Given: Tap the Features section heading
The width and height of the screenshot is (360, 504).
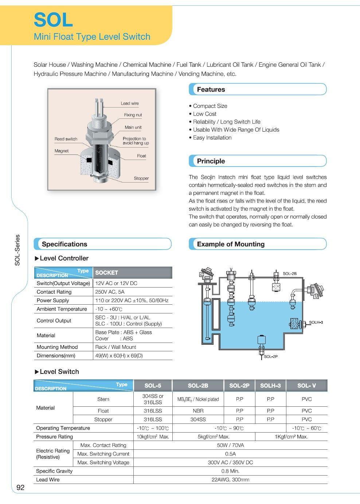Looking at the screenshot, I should click(x=211, y=90).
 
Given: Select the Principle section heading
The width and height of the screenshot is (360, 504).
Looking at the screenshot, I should click(x=211, y=161).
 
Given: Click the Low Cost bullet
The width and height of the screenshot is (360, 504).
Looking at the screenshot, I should click(x=204, y=114).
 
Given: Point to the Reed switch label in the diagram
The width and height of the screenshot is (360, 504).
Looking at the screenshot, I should click(x=66, y=139).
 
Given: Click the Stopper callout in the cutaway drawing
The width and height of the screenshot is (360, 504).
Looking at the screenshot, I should click(x=141, y=178).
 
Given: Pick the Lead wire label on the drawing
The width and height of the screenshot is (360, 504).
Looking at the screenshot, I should click(x=130, y=103).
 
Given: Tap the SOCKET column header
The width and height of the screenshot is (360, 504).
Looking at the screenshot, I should click(x=107, y=273).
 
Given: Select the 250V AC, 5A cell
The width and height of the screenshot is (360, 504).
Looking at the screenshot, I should click(x=110, y=292).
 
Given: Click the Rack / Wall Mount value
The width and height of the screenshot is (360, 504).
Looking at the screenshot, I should click(x=116, y=347).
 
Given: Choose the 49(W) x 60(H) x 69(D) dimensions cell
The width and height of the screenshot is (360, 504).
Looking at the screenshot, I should click(x=119, y=356).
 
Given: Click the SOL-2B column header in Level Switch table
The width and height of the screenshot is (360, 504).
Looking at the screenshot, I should click(x=198, y=386).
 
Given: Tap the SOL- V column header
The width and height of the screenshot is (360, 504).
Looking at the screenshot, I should click(x=306, y=386).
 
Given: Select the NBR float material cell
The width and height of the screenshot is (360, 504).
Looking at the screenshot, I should click(x=198, y=411).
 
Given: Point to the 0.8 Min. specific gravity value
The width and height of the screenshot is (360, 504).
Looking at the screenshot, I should click(x=230, y=471).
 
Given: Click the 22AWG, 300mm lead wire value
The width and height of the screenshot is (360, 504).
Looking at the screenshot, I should click(x=230, y=480).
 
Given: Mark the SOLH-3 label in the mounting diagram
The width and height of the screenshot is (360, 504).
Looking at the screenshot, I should click(x=316, y=323).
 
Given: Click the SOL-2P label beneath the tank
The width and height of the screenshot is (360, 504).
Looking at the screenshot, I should click(x=271, y=356).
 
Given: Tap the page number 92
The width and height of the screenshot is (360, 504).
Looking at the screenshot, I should click(x=20, y=488).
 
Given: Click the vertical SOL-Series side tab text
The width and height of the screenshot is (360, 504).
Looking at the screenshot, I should click(x=17, y=250).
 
